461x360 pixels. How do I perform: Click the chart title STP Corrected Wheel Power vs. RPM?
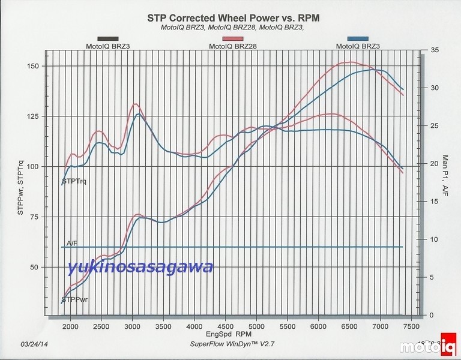[234, 19]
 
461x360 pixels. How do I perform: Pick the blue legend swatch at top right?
[358, 38]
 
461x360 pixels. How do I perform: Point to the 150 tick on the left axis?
[34, 66]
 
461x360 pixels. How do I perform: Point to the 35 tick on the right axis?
[435, 50]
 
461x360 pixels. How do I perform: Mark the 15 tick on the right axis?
[435, 202]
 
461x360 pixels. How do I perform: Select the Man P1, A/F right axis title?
[445, 175]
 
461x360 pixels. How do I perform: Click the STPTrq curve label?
[74, 181]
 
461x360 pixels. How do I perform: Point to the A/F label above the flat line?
[72, 243]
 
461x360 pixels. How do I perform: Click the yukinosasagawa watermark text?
[140, 267]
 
